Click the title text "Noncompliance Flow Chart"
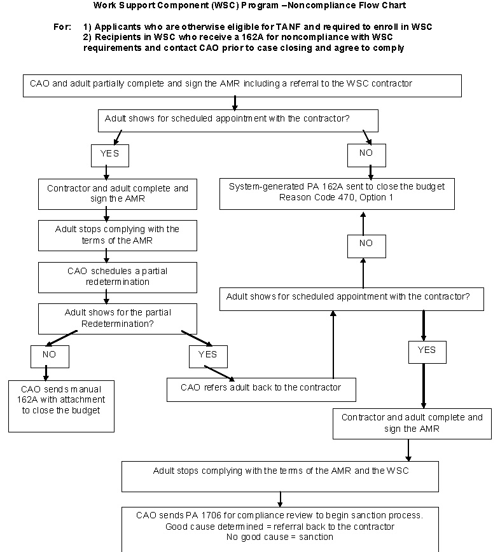pos(351,6)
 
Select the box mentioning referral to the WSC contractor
pos(242,85)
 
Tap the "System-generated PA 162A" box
pos(337,193)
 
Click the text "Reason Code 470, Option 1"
pos(337,198)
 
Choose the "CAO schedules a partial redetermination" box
pos(108,276)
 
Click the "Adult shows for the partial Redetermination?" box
pos(108,318)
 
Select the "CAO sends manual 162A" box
pos(61,406)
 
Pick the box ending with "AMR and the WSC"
pos(280,476)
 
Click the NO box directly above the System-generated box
pos(366,154)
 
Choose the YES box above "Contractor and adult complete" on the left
pos(109,154)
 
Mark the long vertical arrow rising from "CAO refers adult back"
pos(332,347)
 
